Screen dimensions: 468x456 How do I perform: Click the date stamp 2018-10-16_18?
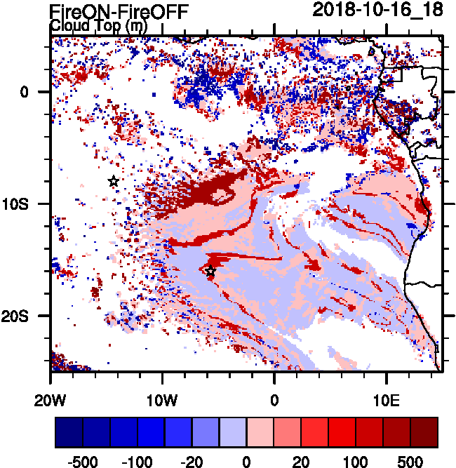click(377, 11)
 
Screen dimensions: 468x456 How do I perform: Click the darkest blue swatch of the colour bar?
click(69, 432)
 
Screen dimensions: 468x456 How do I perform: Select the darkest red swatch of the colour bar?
click(424, 432)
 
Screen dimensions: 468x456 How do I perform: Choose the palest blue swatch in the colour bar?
click(232, 432)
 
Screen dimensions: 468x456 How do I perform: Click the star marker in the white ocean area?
click(114, 181)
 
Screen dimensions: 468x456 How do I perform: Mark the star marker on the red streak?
click(210, 272)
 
